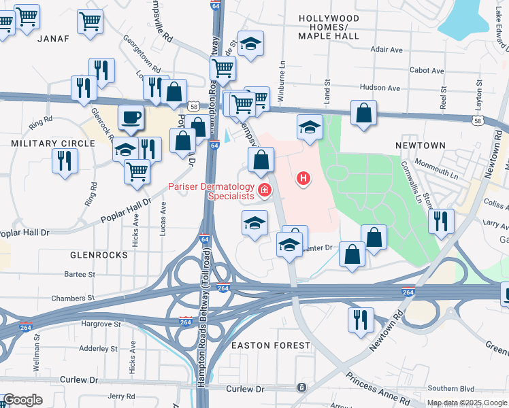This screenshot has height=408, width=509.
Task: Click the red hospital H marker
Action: point(303,179)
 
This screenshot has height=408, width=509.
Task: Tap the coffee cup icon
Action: point(131,118)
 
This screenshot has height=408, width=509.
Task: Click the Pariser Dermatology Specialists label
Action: point(211,192)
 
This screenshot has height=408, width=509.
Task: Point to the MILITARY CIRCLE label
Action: point(53,143)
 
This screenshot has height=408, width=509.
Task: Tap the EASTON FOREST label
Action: point(271,345)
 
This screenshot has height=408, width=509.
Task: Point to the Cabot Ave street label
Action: point(427,71)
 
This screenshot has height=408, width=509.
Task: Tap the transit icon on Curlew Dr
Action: point(301,388)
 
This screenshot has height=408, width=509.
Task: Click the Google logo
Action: point(23,400)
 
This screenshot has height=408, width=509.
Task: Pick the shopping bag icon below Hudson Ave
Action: point(364,112)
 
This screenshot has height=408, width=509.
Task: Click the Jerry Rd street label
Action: point(122,396)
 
